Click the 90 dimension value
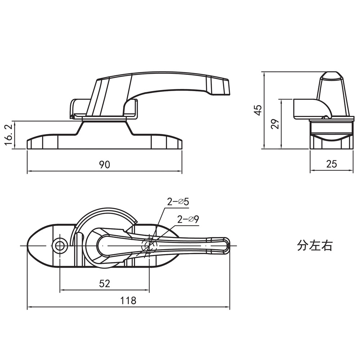click(x=104, y=165)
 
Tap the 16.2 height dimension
click(x=9, y=135)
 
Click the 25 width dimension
click(x=332, y=164)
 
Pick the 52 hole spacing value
click(x=104, y=284)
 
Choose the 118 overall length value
click(x=129, y=300)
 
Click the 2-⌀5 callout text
click(x=178, y=202)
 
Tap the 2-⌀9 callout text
click(x=188, y=219)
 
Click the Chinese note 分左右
click(x=315, y=246)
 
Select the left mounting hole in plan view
click(x=60, y=246)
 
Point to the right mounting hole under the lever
click(x=149, y=246)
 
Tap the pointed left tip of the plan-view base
click(x=28, y=246)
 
